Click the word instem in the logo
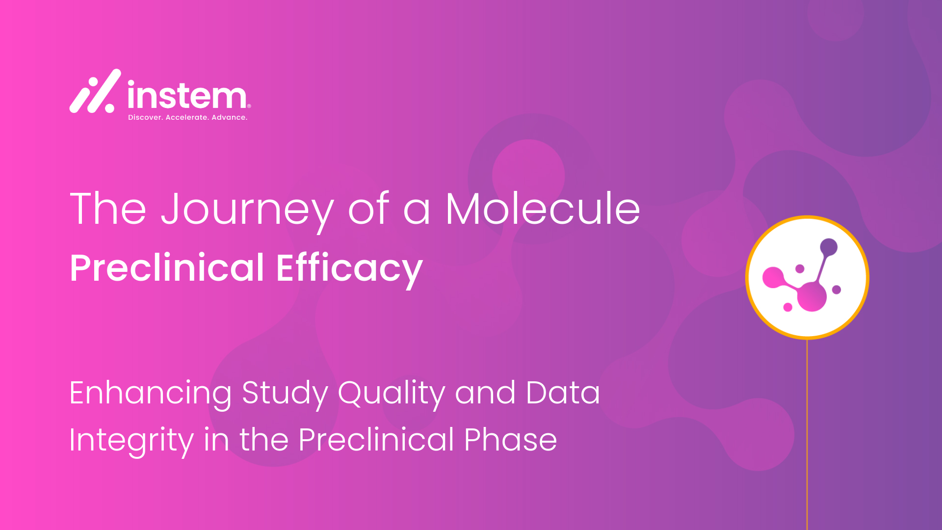point(187,94)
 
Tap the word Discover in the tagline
point(145,117)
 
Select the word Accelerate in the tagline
point(187,117)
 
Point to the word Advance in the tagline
point(229,117)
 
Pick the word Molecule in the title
point(543,209)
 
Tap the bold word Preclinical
point(167,268)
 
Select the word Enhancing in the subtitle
point(151,394)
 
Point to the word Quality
point(392,394)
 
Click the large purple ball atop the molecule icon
point(829,247)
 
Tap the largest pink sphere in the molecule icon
point(811,296)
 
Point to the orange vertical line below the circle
point(807,434)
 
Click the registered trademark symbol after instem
point(249,106)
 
